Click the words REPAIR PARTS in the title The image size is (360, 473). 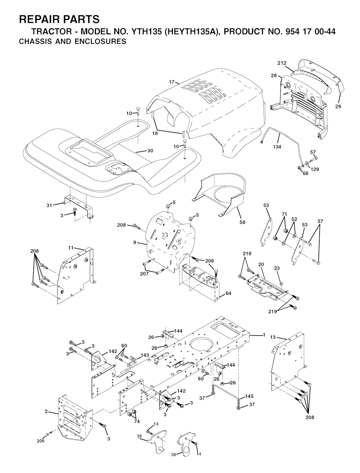(x=59, y=19)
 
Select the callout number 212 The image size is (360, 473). (x=282, y=63)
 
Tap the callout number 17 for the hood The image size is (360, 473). (x=172, y=82)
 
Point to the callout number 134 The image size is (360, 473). (x=277, y=147)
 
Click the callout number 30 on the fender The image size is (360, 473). (x=150, y=151)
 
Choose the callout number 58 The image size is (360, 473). (x=243, y=222)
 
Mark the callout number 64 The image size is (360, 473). (x=228, y=293)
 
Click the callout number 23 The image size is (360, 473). (x=277, y=268)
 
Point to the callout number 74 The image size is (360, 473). (x=137, y=421)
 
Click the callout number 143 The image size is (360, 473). (x=144, y=355)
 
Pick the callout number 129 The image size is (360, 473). (x=315, y=169)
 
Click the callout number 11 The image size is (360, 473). (x=71, y=248)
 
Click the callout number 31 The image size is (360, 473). (x=49, y=205)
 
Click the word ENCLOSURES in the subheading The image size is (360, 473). (x=101, y=41)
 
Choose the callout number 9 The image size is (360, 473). (x=135, y=242)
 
